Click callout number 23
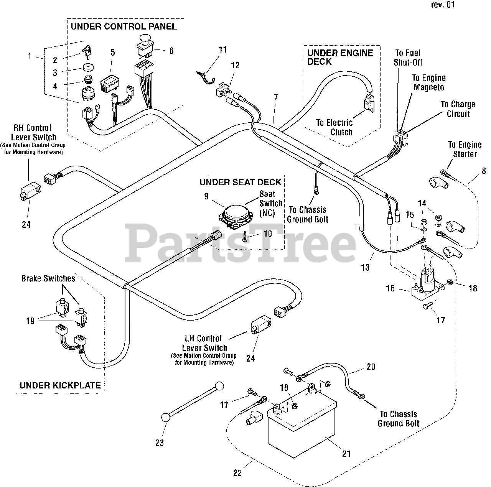click(160, 443)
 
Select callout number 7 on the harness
click(276, 97)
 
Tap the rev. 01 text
click(443, 5)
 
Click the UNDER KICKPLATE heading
click(60, 385)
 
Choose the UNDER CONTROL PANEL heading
click(124, 26)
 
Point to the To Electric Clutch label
click(334, 127)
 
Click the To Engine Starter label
click(465, 149)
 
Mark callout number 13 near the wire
click(365, 268)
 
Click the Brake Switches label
click(48, 278)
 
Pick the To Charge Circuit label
click(458, 109)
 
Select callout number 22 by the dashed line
click(237, 473)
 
